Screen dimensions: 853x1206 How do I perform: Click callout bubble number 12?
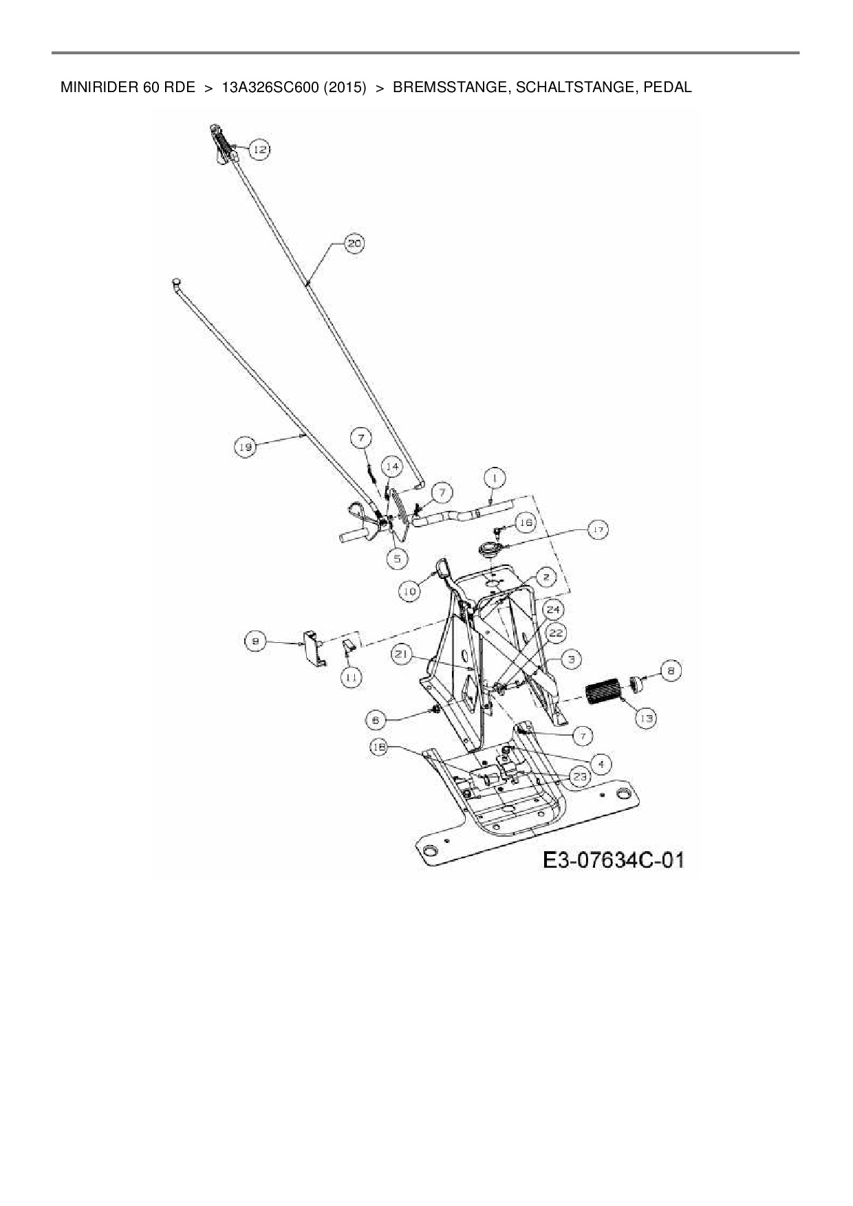coord(259,149)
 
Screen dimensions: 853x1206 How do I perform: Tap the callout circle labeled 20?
coord(354,244)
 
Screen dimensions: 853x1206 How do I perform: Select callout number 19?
coord(245,447)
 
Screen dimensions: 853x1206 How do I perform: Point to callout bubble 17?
coord(598,531)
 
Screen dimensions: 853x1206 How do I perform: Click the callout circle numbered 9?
coord(255,642)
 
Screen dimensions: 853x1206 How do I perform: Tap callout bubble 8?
coord(671,670)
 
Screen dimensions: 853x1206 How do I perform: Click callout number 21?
coord(402,655)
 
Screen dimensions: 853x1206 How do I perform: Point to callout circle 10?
coord(410,591)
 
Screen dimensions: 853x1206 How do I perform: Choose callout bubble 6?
coord(376,720)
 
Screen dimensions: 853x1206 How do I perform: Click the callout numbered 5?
coord(397,558)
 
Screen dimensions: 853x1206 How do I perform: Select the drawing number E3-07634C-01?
coord(614,859)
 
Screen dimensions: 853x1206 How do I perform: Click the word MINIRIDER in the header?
coord(100,88)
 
